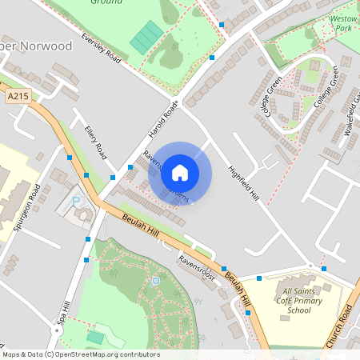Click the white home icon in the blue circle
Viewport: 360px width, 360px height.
pos(180,172)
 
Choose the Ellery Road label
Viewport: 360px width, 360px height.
pos(96,139)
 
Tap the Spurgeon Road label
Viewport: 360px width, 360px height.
pos(26,208)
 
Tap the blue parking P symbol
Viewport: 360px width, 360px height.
pos(77,202)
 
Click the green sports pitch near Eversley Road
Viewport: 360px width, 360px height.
pos(147,37)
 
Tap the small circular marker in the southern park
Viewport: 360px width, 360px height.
pos(156,280)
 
